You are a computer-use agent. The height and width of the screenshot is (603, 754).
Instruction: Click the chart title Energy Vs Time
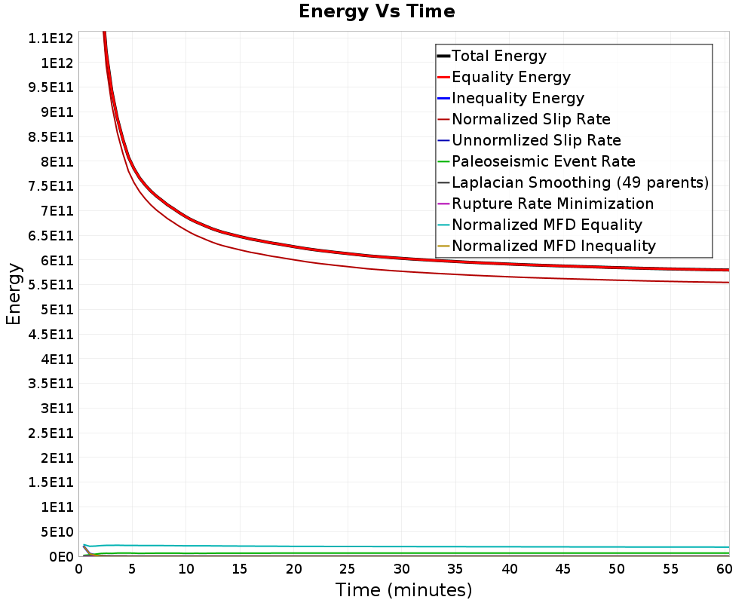(376, 11)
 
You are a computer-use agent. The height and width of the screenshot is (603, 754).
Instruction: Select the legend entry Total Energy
(499, 56)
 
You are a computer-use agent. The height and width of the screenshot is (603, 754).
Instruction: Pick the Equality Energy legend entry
(511, 77)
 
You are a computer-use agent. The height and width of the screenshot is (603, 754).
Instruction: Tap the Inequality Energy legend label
(518, 98)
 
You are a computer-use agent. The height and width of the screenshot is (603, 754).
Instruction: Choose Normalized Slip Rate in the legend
(531, 119)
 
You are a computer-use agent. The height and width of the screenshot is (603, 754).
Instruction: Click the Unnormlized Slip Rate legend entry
(536, 140)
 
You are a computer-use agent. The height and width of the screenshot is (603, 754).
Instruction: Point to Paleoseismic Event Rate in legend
(544, 161)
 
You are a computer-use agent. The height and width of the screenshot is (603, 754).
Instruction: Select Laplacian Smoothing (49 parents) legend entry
(580, 182)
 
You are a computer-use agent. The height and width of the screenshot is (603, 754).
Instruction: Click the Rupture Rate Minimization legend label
(553, 204)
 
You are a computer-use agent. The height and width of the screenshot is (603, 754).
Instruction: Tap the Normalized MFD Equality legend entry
(547, 225)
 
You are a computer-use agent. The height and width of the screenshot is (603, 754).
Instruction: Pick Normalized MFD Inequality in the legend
(553, 246)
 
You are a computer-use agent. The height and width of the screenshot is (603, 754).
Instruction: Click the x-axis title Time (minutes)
(403, 590)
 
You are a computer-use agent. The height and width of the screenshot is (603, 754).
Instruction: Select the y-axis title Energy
(14, 294)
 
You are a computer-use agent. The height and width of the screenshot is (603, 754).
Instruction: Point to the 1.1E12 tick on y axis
(51, 38)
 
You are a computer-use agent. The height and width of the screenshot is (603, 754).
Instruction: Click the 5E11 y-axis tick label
(57, 309)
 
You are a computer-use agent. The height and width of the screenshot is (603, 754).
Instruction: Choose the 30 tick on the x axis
(402, 569)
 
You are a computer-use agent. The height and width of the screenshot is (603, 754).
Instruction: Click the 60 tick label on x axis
(724, 569)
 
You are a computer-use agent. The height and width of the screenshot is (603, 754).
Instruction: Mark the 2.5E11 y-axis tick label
(51, 433)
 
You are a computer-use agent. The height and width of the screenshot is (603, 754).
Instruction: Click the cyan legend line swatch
(443, 225)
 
